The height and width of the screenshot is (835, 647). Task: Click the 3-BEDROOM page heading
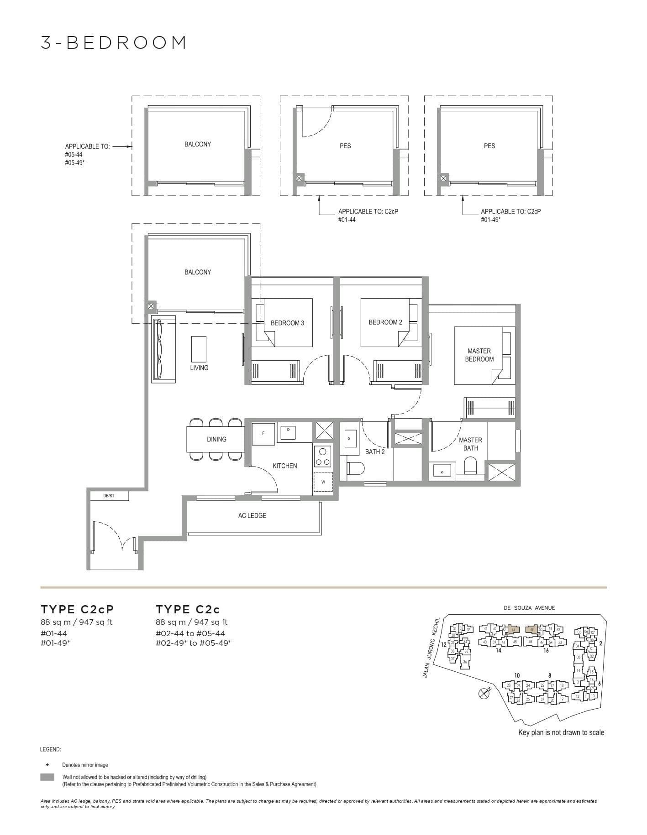[114, 42]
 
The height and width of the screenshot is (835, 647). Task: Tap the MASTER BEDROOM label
[479, 355]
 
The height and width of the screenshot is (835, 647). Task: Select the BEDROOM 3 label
[287, 323]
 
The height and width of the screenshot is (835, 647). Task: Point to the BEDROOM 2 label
[385, 322]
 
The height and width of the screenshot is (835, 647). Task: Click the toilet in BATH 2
[355, 469]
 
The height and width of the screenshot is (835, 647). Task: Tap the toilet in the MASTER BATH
[470, 466]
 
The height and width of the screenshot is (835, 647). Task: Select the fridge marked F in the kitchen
[263, 433]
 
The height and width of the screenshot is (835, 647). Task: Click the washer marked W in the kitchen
[323, 482]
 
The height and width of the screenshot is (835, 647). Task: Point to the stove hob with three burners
[323, 457]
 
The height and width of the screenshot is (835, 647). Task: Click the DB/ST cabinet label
[109, 495]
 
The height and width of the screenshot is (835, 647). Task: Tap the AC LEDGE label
[252, 515]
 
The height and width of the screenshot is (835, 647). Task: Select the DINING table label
[216, 439]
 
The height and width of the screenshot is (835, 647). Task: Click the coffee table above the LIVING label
[199, 348]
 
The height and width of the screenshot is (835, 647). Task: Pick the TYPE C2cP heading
[77, 609]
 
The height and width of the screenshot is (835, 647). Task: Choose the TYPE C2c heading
[188, 609]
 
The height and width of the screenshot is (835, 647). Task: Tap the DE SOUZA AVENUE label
[529, 607]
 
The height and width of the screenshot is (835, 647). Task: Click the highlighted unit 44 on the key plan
[513, 629]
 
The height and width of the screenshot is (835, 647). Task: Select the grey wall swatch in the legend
[47, 777]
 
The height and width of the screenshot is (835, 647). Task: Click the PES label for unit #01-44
[345, 146]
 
